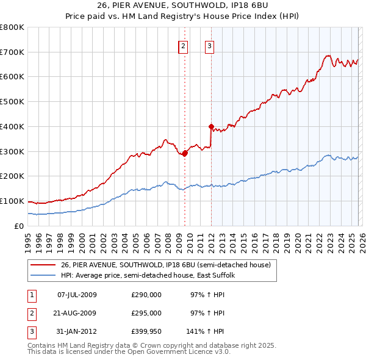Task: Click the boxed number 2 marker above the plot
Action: [x=184, y=45]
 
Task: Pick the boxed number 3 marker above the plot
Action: [x=209, y=45]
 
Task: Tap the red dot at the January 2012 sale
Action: [x=211, y=127]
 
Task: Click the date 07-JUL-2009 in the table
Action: [x=77, y=295]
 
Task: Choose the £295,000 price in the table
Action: [x=146, y=313]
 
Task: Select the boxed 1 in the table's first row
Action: [x=31, y=295]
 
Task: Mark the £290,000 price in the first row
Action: [x=146, y=295]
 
